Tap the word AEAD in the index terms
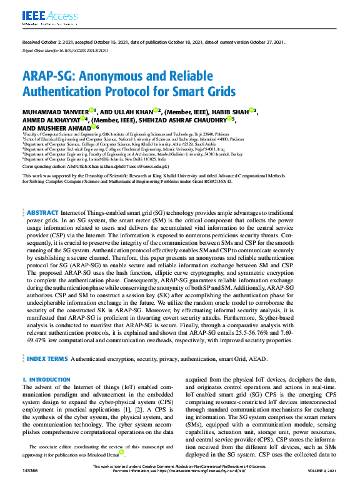click(257, 360)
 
